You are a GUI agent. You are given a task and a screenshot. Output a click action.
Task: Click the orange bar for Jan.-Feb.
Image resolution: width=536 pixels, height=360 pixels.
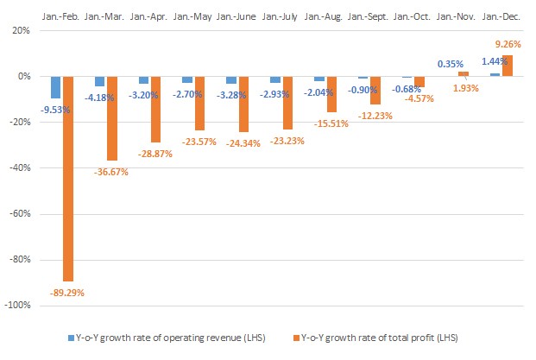pos(67,178)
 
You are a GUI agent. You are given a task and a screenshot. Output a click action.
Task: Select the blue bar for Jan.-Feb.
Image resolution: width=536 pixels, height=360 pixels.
pos(55,87)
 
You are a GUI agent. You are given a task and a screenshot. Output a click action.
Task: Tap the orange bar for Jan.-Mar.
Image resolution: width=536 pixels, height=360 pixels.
pos(111,118)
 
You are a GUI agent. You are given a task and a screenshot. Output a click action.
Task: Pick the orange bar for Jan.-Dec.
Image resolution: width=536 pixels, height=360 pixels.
pos(507,66)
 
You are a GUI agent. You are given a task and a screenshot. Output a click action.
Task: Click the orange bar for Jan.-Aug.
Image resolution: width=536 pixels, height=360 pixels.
pos(331,94)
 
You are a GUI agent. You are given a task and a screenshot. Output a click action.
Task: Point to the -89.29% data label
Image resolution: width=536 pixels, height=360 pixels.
pos(66,293)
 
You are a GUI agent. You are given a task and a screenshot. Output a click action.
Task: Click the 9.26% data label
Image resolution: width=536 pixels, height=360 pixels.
pos(507,43)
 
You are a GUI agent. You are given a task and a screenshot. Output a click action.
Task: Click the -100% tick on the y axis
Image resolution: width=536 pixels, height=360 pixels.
pos(23,305)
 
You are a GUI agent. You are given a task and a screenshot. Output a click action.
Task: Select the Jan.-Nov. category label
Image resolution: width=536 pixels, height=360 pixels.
pos(457,16)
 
